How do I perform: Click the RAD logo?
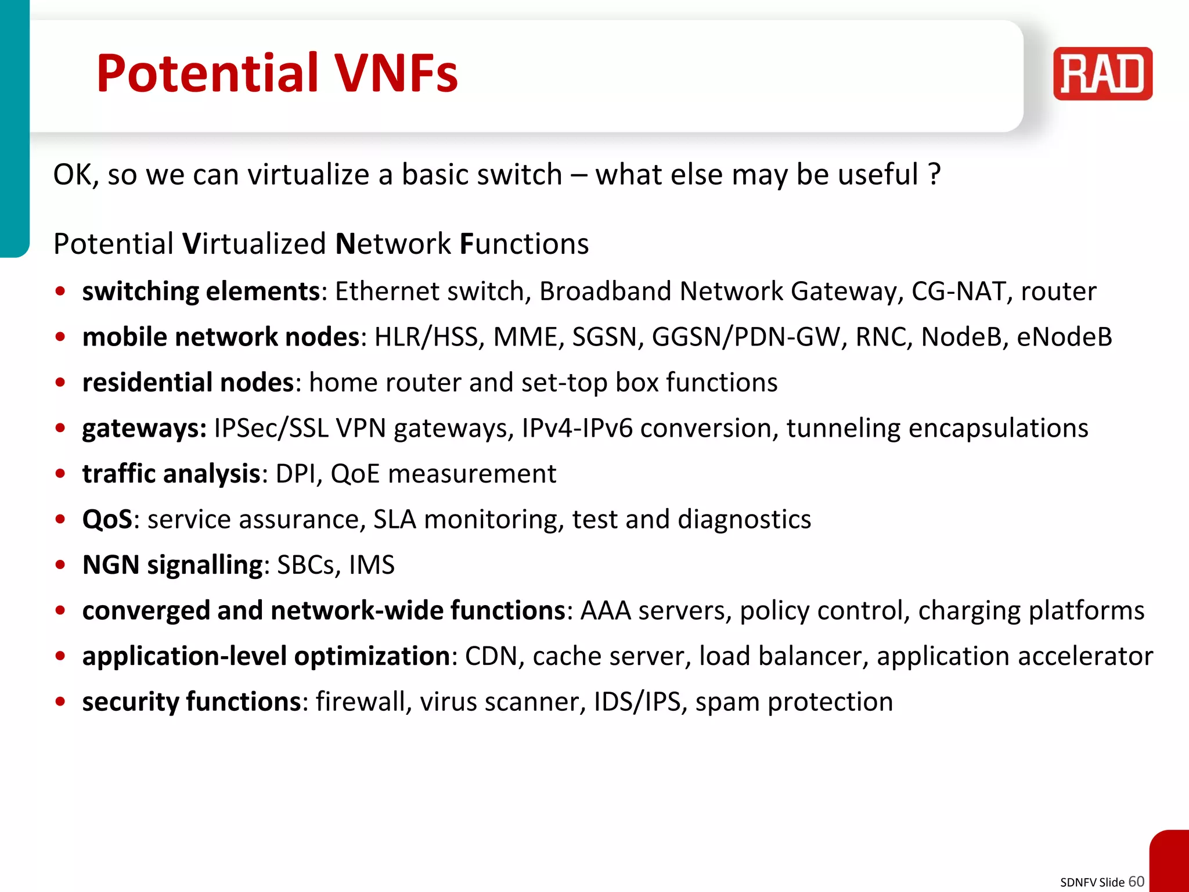[x=1102, y=74]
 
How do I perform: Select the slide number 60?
[x=1136, y=882]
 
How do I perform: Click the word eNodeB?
[x=1064, y=337]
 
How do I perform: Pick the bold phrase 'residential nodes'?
[x=188, y=383]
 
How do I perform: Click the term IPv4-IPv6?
[x=577, y=429]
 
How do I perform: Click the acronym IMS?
[x=372, y=565]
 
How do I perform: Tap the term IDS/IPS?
[x=637, y=702]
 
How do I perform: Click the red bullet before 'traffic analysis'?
[x=60, y=474]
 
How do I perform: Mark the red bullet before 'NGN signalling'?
[x=60, y=565]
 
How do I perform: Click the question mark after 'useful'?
[x=934, y=174]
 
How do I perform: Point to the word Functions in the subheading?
[x=524, y=244]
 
